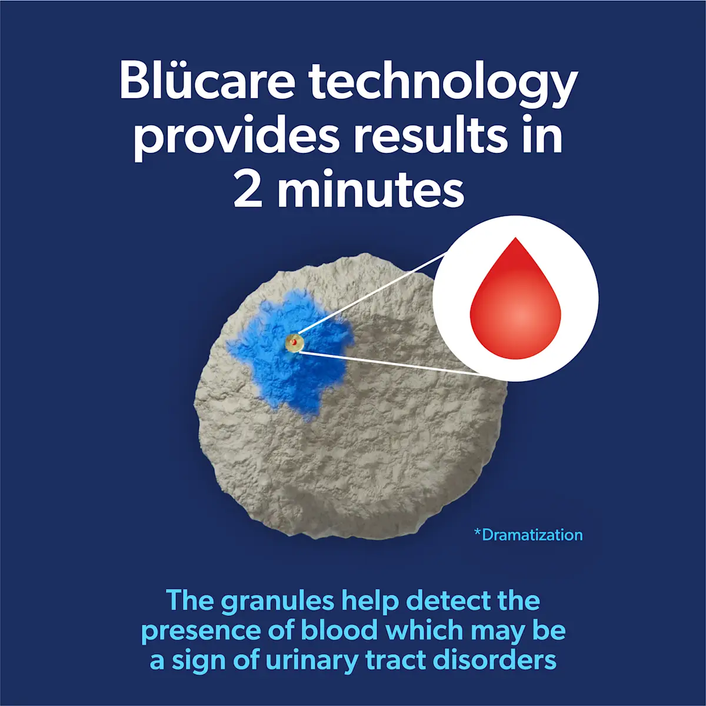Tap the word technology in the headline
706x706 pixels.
pyautogui.click(x=444, y=82)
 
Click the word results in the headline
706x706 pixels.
pyautogui.click(x=429, y=136)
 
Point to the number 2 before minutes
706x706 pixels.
pyautogui.click(x=248, y=191)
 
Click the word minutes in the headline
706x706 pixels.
pyautogui.click(x=371, y=191)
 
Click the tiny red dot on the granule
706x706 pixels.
pyautogui.click(x=294, y=342)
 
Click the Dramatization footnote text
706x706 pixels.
pyautogui.click(x=532, y=535)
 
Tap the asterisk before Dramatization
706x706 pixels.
pyautogui.click(x=477, y=533)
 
